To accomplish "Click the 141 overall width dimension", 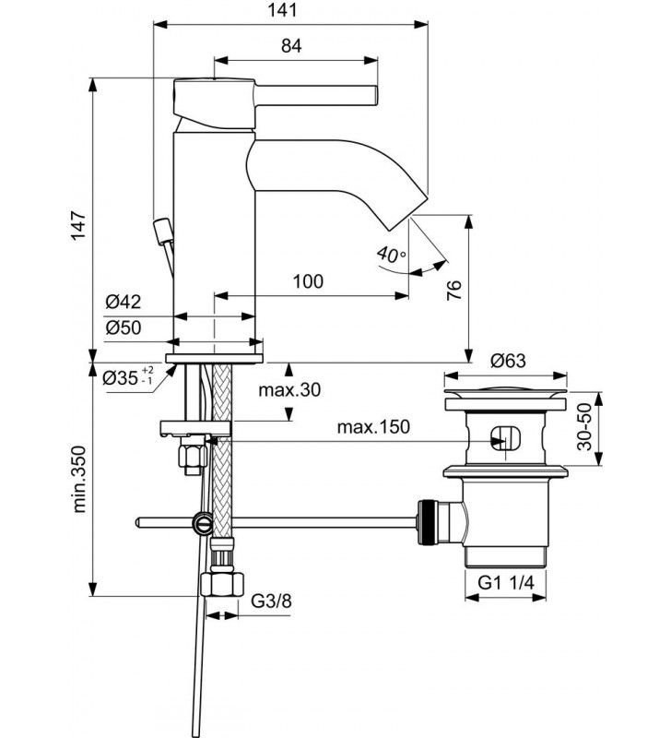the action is tap(283, 10).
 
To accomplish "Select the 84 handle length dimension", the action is tap(291, 45).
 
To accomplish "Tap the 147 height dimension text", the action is tap(78, 225).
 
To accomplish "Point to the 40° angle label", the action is tap(391, 255).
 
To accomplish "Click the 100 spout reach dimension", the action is tap(308, 281).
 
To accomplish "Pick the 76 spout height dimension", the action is tap(454, 290).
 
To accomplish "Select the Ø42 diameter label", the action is tap(124, 302).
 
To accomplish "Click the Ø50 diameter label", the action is tap(124, 327).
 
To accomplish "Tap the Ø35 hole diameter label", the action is tap(128, 376).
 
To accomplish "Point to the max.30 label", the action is tap(289, 389).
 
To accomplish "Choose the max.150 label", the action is tap(373, 427).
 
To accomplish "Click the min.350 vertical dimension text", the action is tap(79, 479).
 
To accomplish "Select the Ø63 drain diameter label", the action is tap(508, 361).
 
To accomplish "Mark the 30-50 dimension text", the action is tap(584, 427).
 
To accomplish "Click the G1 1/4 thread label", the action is tap(506, 583).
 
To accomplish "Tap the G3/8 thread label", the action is tap(271, 601).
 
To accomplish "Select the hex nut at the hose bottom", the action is tap(222, 585).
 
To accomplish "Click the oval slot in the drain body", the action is tap(505, 439).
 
